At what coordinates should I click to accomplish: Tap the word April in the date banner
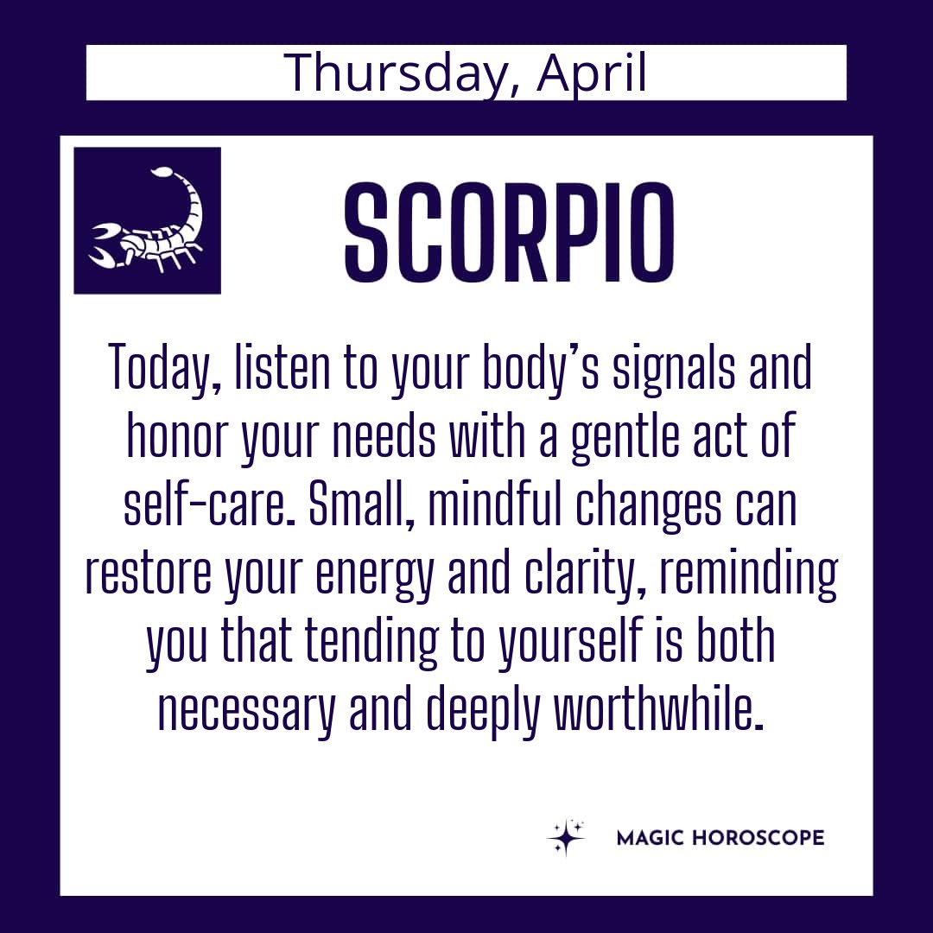coord(591,73)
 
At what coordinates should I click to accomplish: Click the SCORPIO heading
coord(510,232)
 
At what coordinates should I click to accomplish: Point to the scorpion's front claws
coord(104,244)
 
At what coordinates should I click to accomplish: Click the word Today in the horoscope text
coord(165,367)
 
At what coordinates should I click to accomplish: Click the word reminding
coord(749,574)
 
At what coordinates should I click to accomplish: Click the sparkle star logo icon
coord(566,837)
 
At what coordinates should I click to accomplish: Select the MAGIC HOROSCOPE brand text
coord(720,838)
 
